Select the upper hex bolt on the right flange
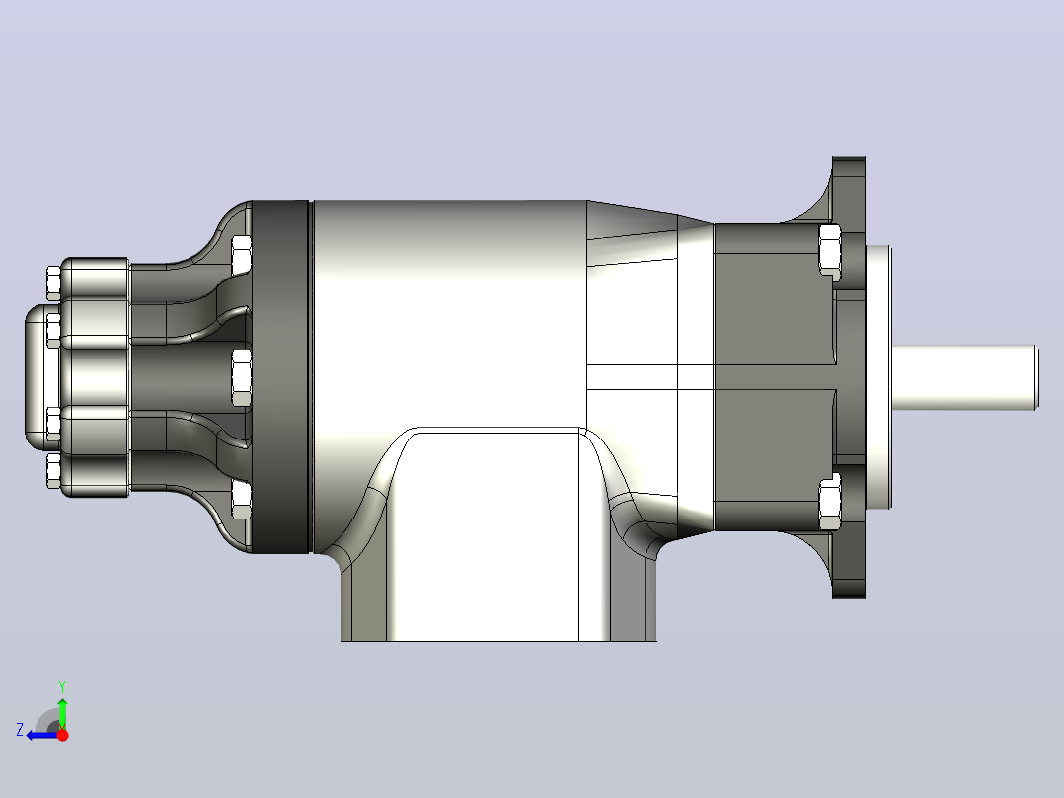coord(830,249)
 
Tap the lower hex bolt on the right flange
coord(830,503)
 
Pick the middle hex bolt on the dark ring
coord(242,377)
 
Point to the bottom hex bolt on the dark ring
coord(242,500)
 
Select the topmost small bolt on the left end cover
coord(53,282)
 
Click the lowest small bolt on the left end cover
coord(53,471)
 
